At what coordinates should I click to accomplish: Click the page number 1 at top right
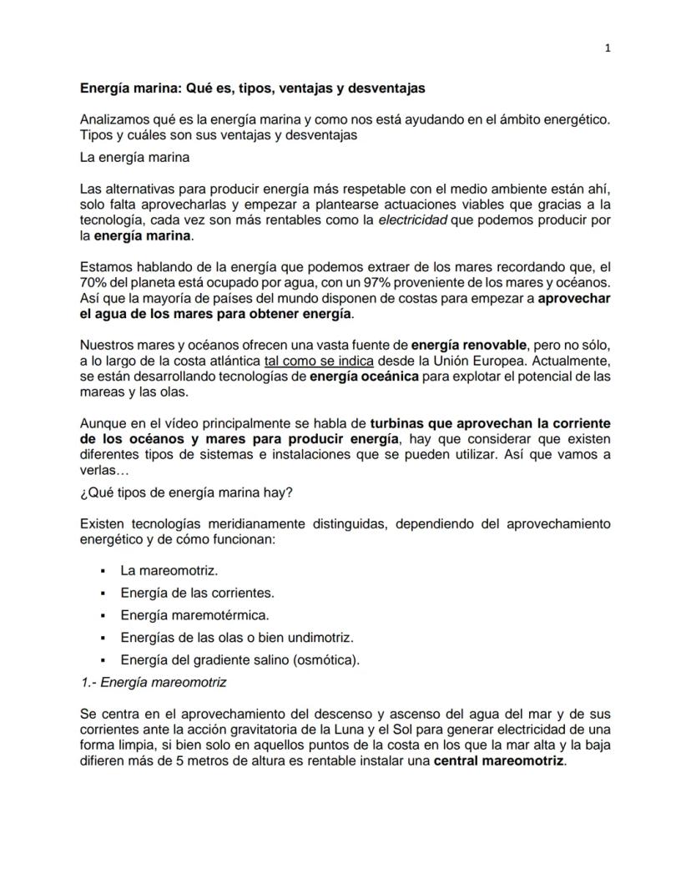(x=608, y=48)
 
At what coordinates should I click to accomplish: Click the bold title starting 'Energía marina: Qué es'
(x=252, y=88)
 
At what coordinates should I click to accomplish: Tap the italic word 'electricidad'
(x=413, y=220)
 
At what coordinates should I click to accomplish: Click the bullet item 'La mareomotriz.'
(x=169, y=572)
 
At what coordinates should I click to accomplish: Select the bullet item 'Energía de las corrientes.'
(x=197, y=593)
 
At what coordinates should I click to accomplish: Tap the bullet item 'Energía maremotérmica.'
(x=194, y=616)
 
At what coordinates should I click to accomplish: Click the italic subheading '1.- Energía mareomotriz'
(x=153, y=682)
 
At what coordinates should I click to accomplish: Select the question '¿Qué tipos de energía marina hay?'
(x=186, y=492)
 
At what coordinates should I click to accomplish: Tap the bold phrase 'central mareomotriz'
(x=499, y=761)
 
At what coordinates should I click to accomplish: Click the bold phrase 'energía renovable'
(x=469, y=344)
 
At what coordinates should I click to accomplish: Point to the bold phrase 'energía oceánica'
(x=364, y=376)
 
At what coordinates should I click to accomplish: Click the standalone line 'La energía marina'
(x=134, y=157)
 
